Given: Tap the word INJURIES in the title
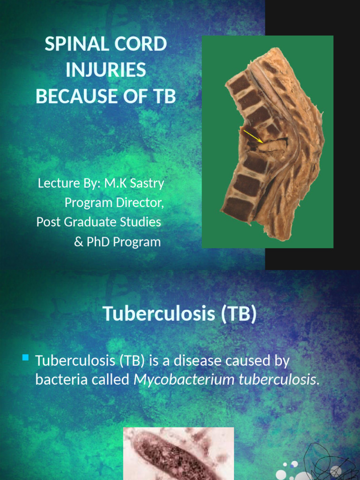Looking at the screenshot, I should tap(105, 70).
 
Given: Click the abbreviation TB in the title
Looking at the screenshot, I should tap(165, 97).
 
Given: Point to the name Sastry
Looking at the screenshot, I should tap(148, 183).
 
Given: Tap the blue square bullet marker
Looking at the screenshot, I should tap(25, 359).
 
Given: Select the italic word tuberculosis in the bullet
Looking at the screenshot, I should tap(277, 380).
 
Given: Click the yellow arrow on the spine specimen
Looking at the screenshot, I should tap(253, 136).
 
